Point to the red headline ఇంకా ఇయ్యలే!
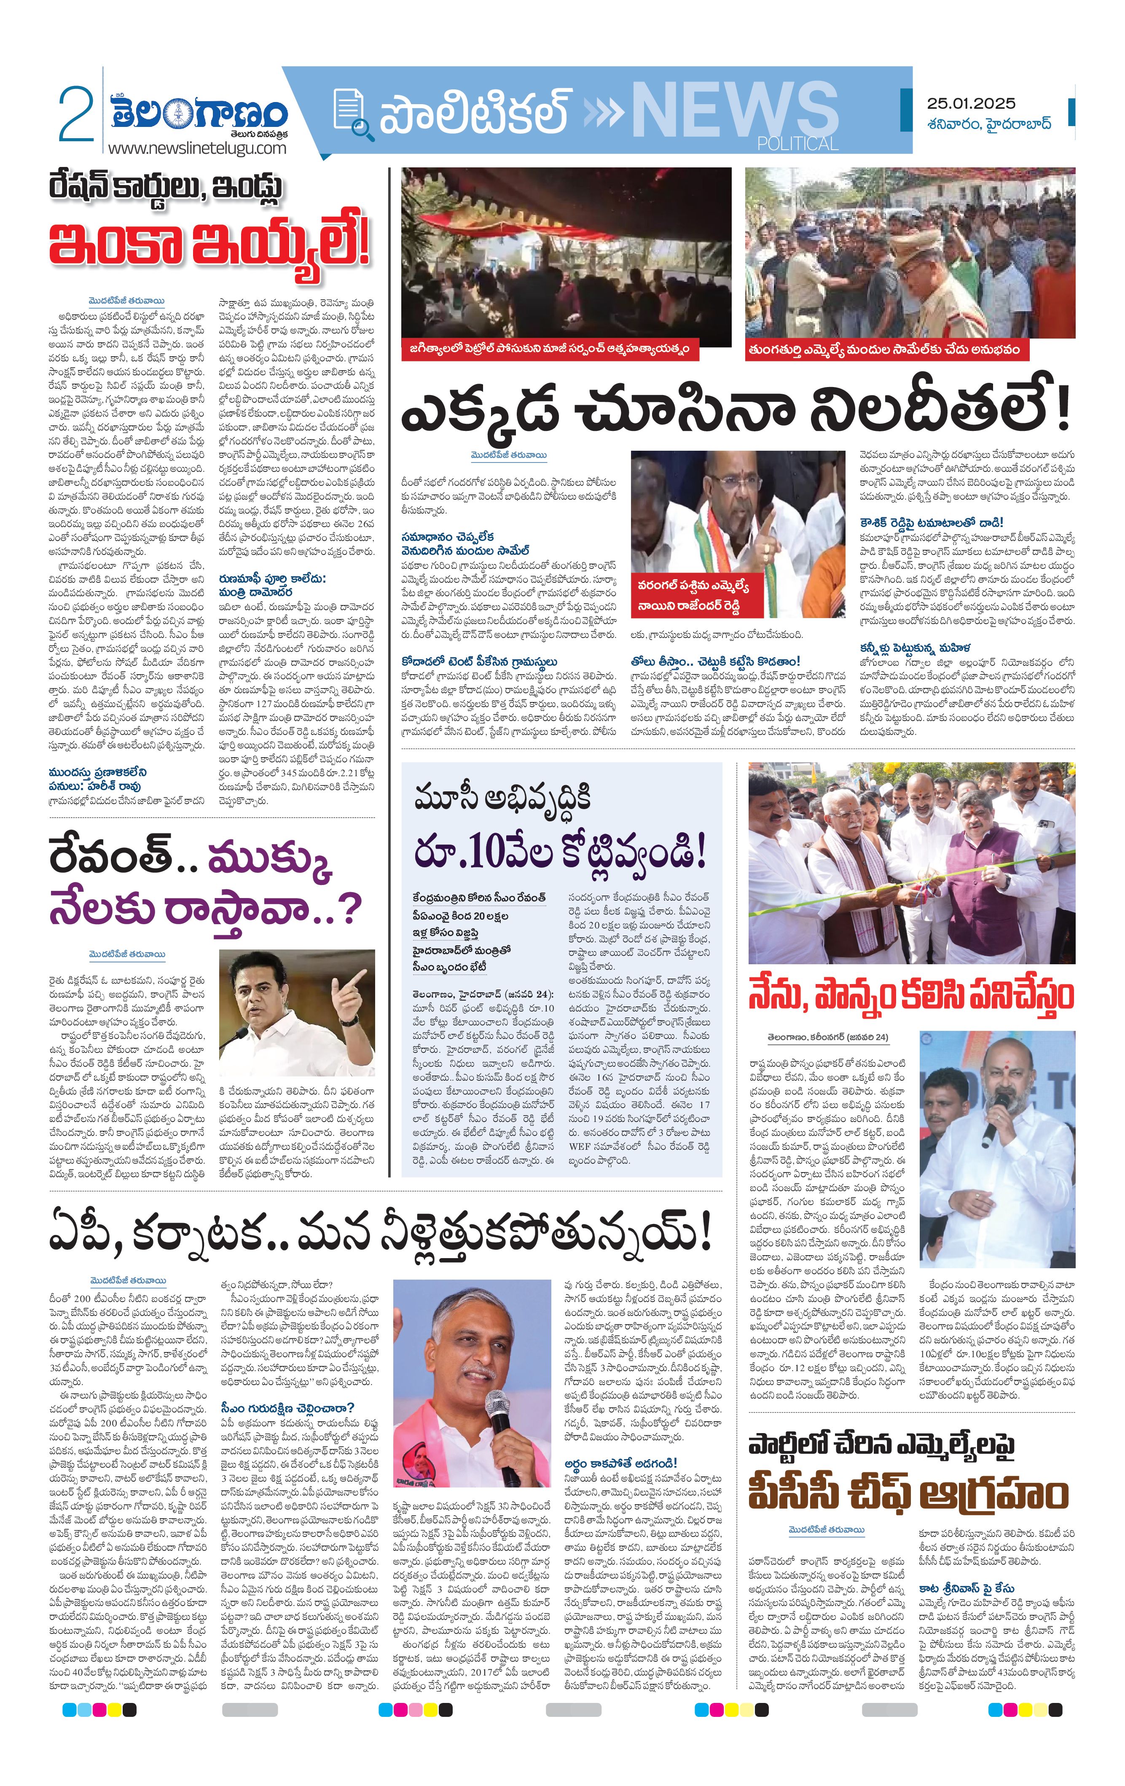coord(209,245)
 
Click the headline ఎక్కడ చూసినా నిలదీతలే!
coord(734,413)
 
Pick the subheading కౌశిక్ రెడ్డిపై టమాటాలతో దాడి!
coord(931,522)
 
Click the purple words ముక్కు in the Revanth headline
coord(269,860)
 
